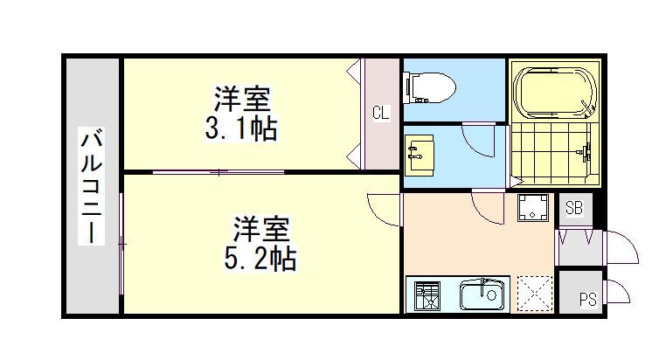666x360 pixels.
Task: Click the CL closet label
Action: pos(380,112)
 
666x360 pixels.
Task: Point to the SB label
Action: pos(573,208)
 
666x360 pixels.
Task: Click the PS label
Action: pos(588,300)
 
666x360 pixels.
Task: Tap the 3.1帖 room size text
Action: pos(241,129)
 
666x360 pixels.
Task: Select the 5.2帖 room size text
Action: pos(258,258)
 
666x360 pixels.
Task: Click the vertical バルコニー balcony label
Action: pos(92,186)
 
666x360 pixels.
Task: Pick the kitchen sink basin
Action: pos(482,295)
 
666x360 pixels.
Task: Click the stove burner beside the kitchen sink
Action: pos(427,296)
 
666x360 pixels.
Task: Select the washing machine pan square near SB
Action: pos(531,208)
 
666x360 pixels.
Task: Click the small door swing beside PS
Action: pos(617,291)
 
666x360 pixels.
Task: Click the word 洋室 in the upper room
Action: pos(241,98)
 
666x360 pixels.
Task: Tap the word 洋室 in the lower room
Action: pos(259,229)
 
